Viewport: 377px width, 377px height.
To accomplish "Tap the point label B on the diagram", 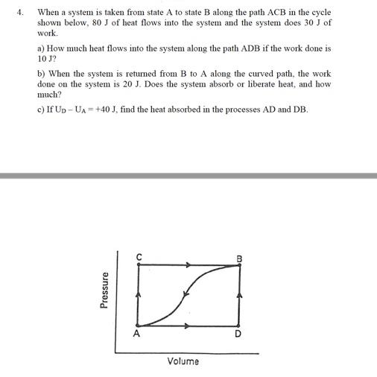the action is tap(239, 258).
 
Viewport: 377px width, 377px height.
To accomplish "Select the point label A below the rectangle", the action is tap(136, 335).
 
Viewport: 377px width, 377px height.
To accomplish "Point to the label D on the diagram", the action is tap(238, 335).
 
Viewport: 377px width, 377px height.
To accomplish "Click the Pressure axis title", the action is tap(106, 289).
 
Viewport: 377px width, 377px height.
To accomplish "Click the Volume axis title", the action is tap(183, 361).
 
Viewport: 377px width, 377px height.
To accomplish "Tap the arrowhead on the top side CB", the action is tap(188, 264).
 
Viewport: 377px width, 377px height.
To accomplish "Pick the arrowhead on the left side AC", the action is tap(138, 296).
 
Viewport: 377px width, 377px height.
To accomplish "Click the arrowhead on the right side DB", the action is tap(238, 297).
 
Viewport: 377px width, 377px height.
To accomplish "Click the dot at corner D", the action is tap(238, 326).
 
